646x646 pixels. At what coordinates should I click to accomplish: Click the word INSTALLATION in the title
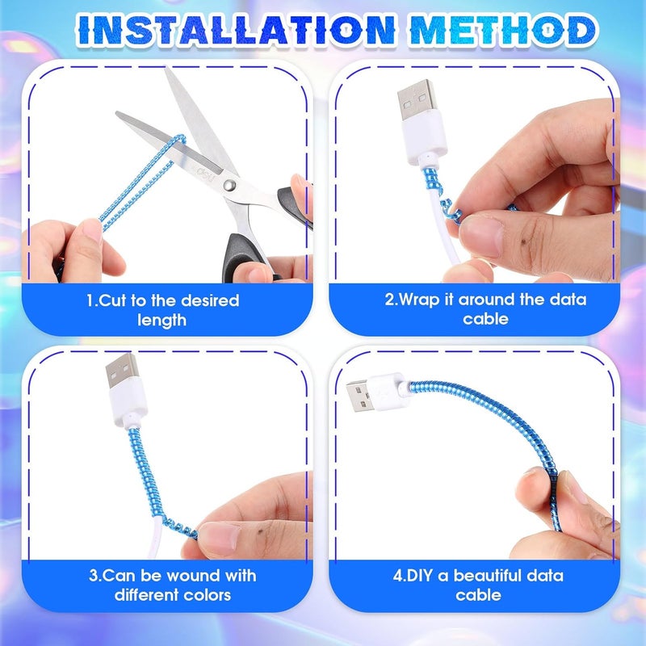[237, 29]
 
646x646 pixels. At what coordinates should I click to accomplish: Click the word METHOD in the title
[503, 29]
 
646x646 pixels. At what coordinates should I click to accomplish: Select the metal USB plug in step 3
[123, 370]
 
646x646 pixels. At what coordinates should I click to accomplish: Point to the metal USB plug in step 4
[360, 396]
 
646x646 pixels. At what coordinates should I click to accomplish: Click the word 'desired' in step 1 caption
[210, 300]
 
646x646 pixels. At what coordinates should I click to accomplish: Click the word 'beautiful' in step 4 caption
[502, 575]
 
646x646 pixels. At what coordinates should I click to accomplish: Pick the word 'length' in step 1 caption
[161, 321]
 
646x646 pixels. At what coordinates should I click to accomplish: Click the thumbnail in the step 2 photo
[482, 237]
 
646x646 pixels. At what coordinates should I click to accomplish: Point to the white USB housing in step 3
[128, 405]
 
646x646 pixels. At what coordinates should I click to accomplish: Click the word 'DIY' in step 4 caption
[413, 576]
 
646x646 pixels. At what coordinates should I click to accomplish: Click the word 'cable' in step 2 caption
[485, 319]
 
